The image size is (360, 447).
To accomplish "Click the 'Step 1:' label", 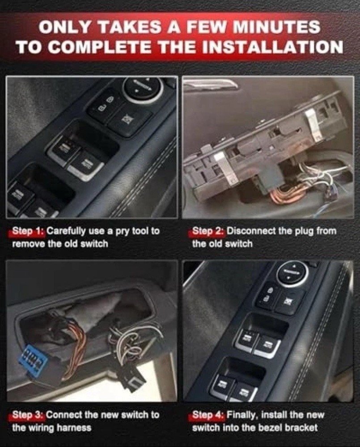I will point(28,231).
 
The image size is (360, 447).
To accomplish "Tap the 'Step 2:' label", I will point(208,231).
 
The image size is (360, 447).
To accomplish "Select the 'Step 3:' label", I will point(28,414).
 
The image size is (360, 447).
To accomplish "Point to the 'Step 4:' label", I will point(208,414).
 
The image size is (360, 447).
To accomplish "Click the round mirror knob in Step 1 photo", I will point(143,87).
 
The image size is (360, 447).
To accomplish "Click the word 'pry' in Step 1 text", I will point(123,231).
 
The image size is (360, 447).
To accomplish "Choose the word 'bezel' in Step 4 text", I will point(268,428).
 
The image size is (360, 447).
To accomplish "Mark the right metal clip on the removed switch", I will point(313,125).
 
